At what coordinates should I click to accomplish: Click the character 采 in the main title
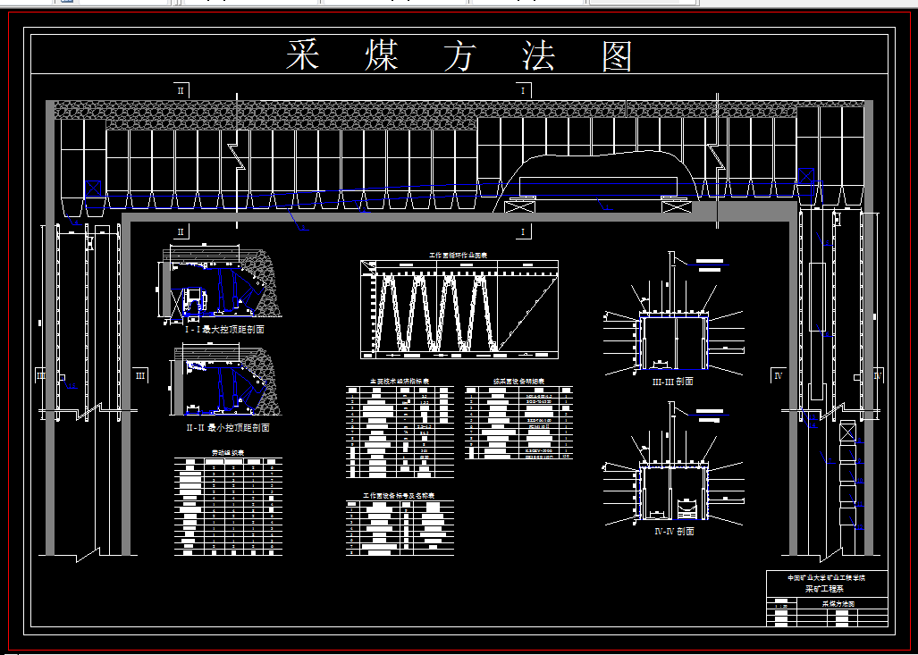303,55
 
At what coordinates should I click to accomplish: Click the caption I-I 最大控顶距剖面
224,330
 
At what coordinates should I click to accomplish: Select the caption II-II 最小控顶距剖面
226,427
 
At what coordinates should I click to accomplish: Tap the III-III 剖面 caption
673,381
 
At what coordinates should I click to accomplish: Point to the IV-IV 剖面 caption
673,531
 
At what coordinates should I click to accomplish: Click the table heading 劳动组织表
227,452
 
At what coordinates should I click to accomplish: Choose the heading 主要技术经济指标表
400,381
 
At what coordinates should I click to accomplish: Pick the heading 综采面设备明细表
518,381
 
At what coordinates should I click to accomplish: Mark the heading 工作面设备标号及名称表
399,494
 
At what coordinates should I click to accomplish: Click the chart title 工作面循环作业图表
459,255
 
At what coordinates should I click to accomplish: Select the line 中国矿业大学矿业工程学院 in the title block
827,578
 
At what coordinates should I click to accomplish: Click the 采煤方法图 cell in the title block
838,604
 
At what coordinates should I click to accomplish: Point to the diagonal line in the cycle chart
528,313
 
